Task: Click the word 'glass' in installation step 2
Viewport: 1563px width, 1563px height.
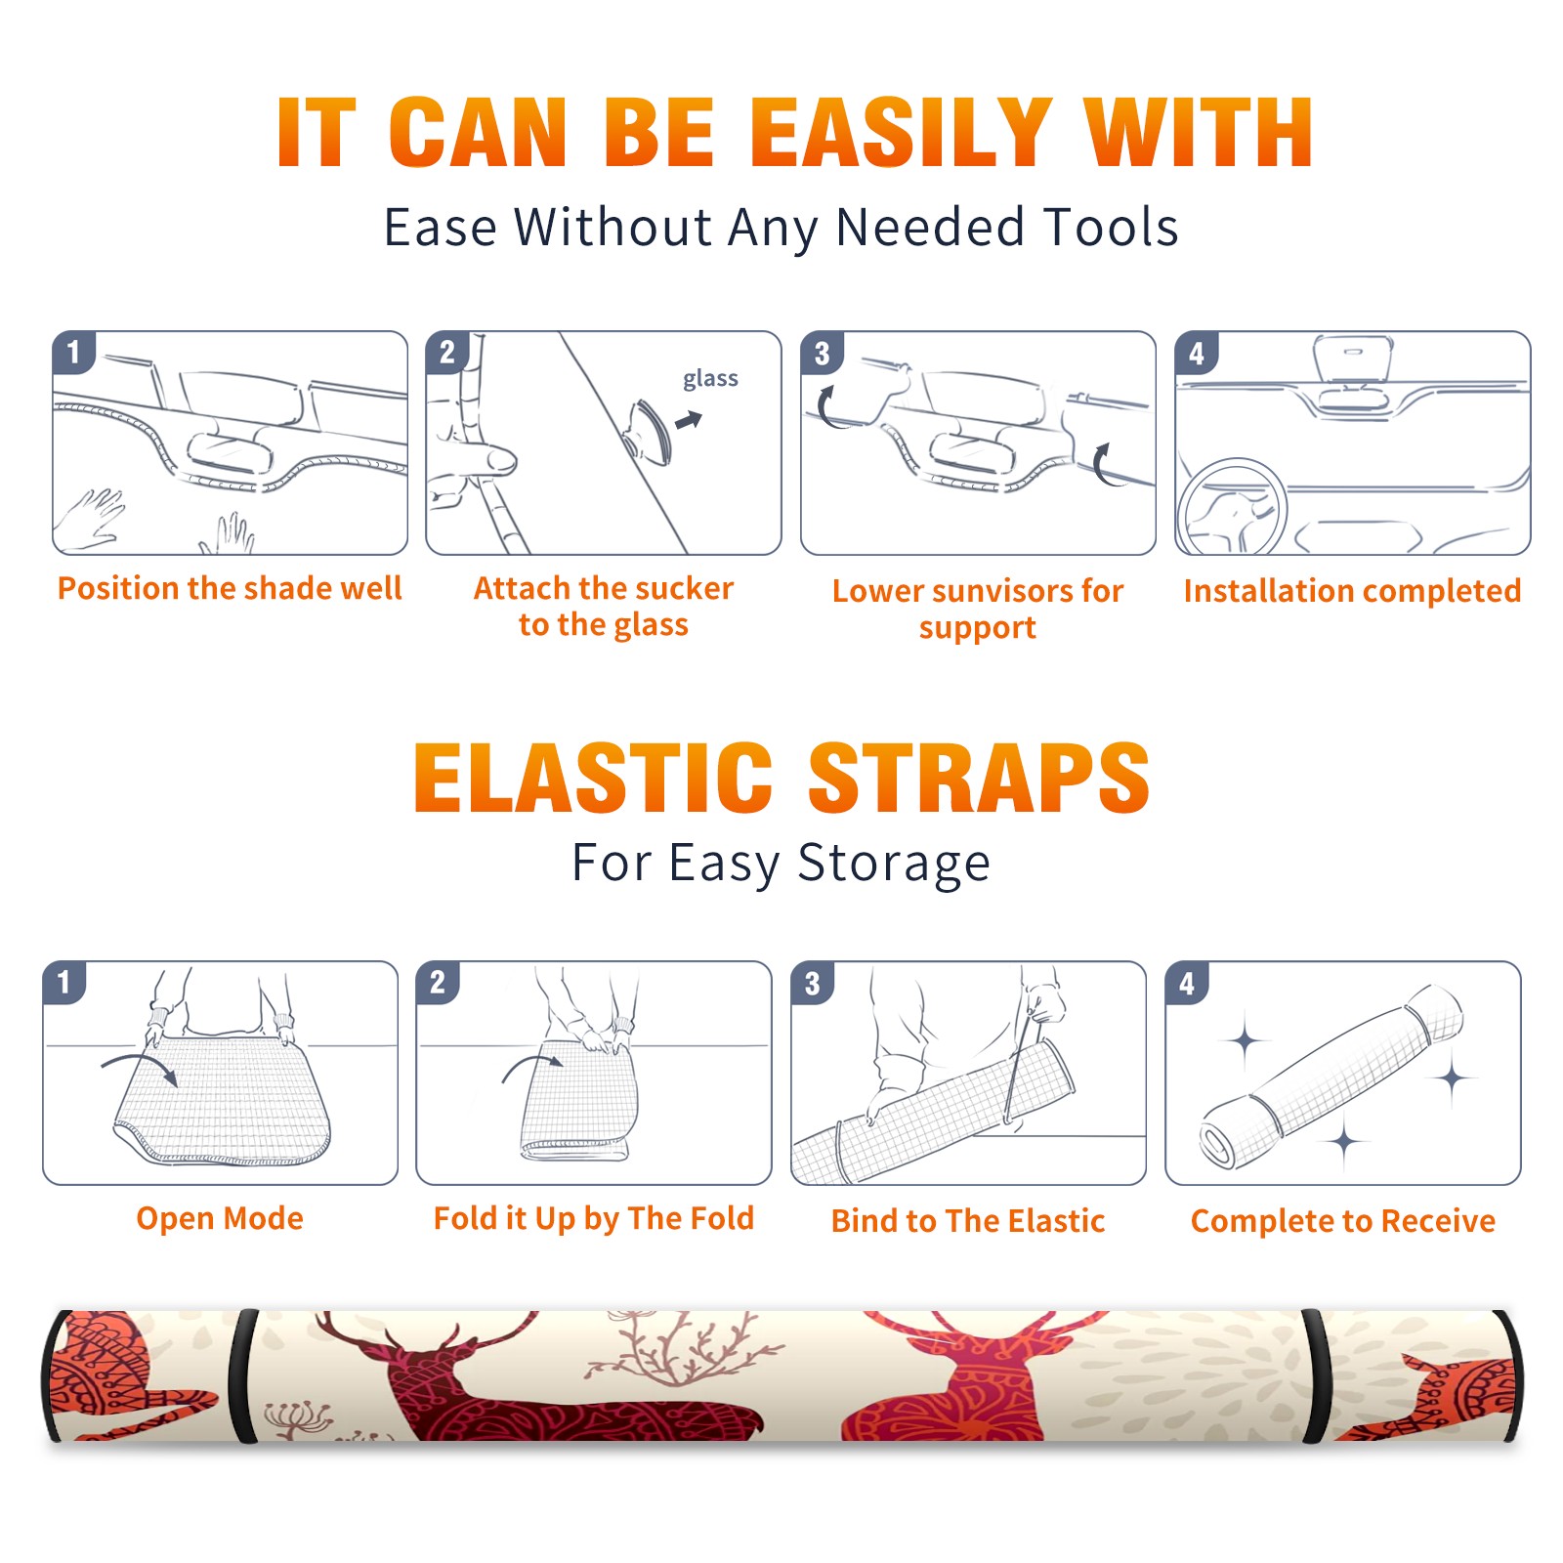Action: (710, 379)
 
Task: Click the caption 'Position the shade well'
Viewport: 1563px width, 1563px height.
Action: (230, 588)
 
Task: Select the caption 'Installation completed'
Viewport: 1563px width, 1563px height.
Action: (1352, 591)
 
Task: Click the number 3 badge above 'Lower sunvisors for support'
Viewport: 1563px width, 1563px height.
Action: (822, 353)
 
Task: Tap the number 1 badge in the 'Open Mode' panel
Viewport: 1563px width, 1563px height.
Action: (64, 982)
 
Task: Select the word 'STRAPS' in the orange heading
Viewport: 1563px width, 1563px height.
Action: (979, 778)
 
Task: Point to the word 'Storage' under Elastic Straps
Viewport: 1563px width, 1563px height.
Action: (894, 864)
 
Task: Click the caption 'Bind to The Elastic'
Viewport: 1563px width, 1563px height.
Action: (968, 1221)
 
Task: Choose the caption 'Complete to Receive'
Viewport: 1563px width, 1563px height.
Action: (1343, 1221)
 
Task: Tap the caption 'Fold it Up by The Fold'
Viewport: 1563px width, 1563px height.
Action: (594, 1219)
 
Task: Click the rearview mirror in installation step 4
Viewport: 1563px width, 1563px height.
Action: (1353, 359)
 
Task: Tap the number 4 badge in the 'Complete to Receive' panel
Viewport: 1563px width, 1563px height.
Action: (1187, 982)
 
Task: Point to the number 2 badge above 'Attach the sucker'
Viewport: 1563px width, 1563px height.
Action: (447, 353)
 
